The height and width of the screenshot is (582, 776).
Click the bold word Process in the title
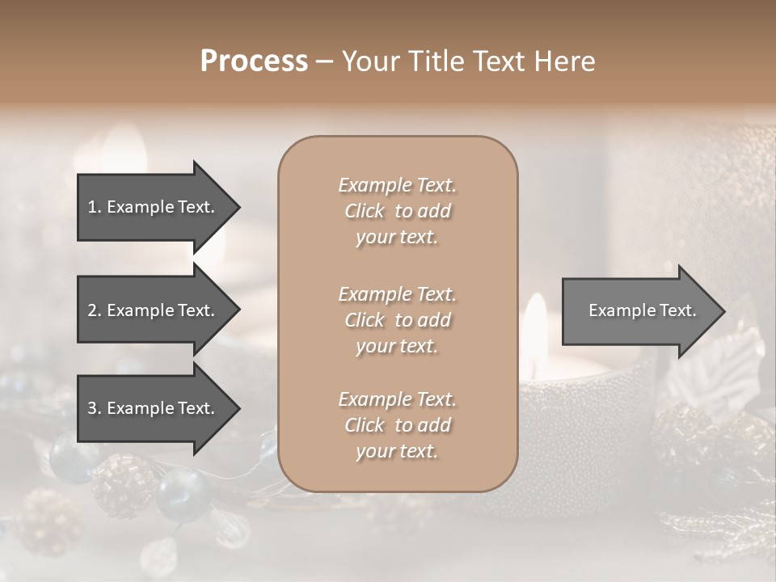point(254,61)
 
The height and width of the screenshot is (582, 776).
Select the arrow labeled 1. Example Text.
point(154,207)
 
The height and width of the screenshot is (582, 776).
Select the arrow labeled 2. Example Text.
point(154,310)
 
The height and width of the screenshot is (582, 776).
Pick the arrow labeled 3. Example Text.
point(154,408)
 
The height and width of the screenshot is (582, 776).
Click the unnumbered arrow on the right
point(639,311)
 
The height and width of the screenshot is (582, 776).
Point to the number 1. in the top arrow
point(95,207)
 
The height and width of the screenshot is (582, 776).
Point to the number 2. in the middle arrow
point(95,310)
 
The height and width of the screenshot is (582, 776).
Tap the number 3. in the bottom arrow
point(95,408)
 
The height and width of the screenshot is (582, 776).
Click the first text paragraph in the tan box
point(398,211)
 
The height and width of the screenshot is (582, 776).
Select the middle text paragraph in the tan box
point(398,319)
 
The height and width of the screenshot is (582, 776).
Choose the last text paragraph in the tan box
point(398,425)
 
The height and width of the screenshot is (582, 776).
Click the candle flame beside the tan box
point(535,323)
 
